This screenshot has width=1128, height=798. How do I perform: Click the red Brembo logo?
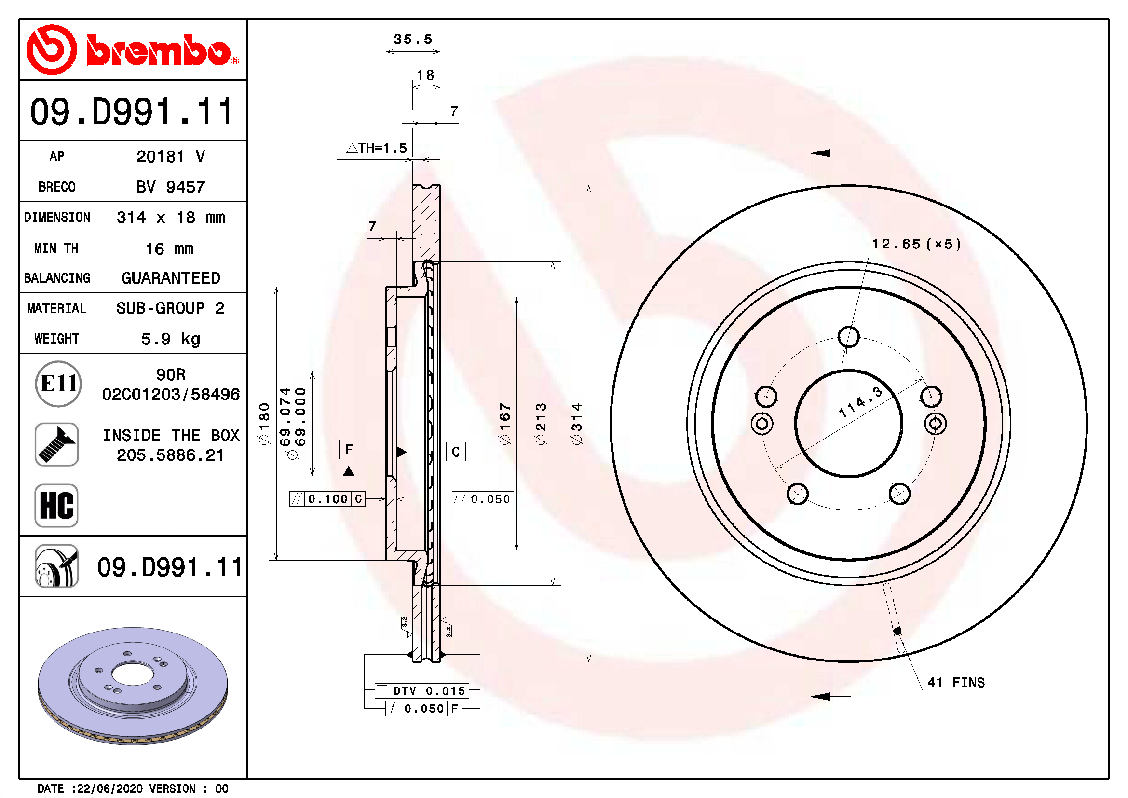pos(133,50)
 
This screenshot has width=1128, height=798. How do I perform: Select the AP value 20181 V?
pos(170,157)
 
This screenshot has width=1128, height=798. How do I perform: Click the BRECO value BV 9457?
pos(170,187)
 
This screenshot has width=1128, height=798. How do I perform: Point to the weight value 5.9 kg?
pos(170,339)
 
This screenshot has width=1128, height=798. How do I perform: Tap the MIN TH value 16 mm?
pos(169,248)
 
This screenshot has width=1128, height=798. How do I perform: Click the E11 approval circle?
pos(58,384)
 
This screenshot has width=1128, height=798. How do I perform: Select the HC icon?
pos(57,505)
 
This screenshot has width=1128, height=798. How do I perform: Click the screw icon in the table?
pos(57,445)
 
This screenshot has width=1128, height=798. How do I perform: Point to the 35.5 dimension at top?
pos(413,39)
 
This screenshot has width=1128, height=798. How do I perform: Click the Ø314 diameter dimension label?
pos(577,424)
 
